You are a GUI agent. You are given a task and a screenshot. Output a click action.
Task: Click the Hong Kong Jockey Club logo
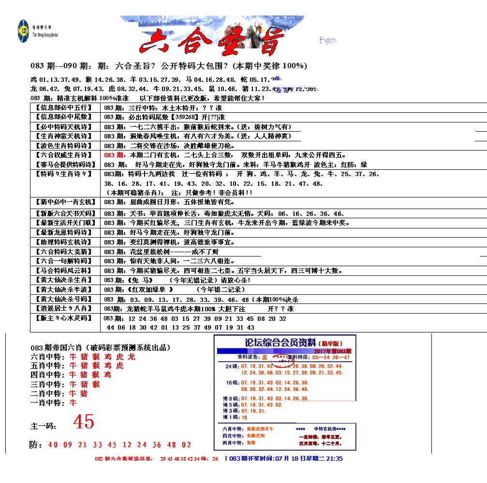coord(23,28)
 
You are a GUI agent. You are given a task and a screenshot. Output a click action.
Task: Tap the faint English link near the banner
coord(328,41)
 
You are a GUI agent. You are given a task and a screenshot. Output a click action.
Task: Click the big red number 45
coord(83,423)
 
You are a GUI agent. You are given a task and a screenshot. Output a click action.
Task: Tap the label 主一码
coord(44,426)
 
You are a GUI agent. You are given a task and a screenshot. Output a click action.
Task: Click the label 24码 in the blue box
coord(231,366)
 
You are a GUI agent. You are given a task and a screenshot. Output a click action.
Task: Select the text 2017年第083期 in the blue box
coord(332,351)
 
